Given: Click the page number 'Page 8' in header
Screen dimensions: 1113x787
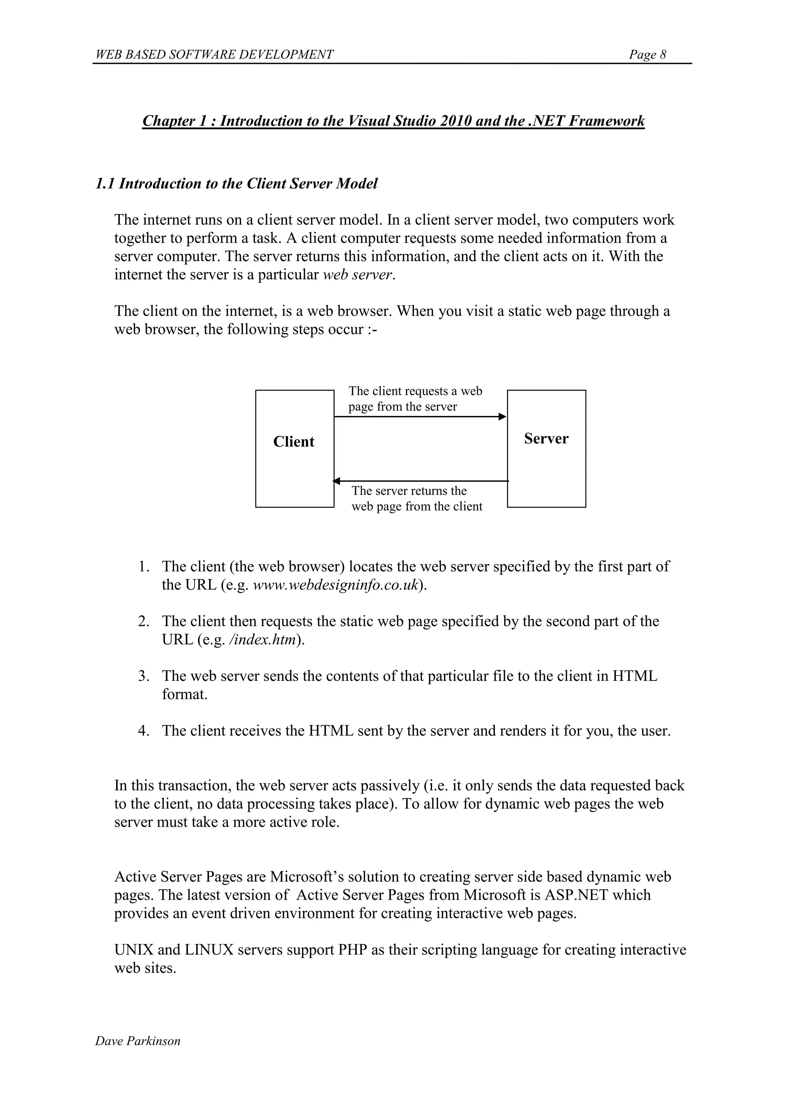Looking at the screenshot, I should pyautogui.click(x=647, y=54).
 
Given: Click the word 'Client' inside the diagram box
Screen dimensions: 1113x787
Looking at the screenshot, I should pyautogui.click(x=294, y=442).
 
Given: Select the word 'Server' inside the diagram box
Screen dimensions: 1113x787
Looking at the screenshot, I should pyautogui.click(x=546, y=439).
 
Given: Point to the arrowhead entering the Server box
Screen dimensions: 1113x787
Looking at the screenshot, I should pyautogui.click(x=503, y=416).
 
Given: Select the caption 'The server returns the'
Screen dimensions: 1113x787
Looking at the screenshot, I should pyautogui.click(x=409, y=491).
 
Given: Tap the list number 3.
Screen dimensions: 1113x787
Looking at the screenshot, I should pyautogui.click(x=143, y=676).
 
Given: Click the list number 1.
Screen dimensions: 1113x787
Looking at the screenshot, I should pyautogui.click(x=143, y=566).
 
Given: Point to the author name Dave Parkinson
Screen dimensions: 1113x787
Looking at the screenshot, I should pyautogui.click(x=138, y=1041).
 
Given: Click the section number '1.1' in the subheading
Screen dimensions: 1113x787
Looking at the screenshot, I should pyautogui.click(x=105, y=184).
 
